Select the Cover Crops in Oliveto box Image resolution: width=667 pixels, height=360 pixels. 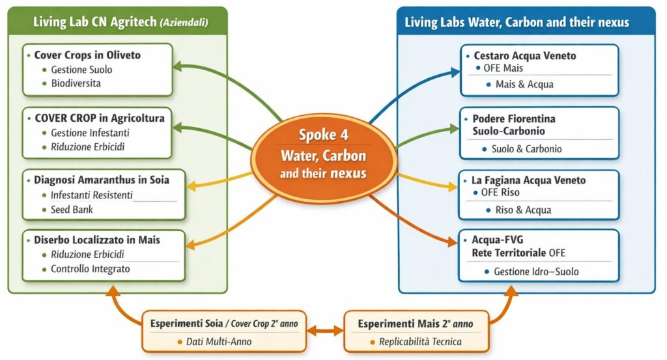98,69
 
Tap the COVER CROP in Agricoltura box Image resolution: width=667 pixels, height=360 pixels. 98,133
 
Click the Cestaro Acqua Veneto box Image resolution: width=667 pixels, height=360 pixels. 539,70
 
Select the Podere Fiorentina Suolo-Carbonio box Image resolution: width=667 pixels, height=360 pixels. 539,133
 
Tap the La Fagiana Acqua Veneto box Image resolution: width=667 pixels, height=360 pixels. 539,194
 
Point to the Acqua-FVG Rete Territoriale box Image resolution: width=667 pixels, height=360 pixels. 539,255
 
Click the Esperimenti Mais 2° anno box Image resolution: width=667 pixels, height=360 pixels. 416,331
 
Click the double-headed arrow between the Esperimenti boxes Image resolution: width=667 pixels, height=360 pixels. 324,331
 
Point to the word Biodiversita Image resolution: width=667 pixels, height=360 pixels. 76,83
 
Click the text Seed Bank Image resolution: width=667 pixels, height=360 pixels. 72,210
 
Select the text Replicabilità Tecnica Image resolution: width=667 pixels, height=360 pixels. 420,342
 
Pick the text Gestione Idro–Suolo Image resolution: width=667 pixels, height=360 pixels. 536,271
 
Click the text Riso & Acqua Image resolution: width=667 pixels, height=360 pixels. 523,210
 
